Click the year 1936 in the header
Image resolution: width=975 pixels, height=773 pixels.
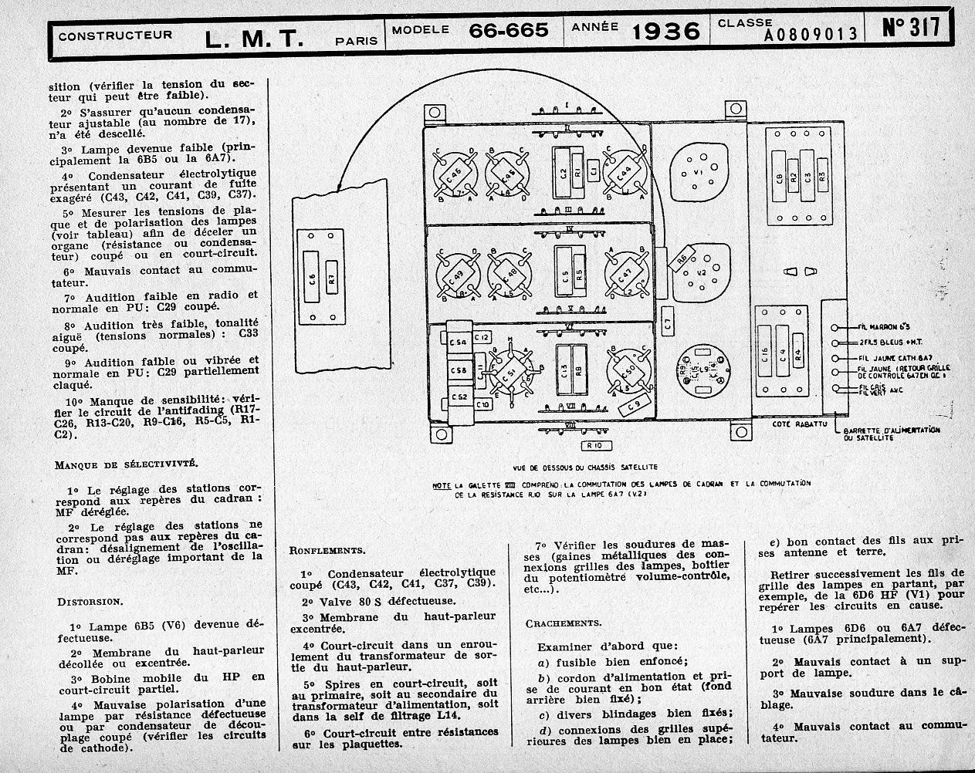[665, 31]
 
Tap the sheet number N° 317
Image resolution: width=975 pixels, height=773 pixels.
[911, 28]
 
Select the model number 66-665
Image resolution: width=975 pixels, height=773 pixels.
[509, 30]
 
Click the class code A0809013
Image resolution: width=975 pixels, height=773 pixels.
[811, 34]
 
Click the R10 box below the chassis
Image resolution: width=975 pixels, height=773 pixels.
[597, 445]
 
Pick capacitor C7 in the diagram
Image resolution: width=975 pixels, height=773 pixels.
[669, 318]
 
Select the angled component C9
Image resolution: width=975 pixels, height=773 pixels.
[635, 403]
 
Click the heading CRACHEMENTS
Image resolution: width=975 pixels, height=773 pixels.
[564, 623]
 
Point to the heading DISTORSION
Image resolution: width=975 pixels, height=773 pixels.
[89, 600]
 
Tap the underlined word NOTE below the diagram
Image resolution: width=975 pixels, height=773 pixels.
[442, 484]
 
